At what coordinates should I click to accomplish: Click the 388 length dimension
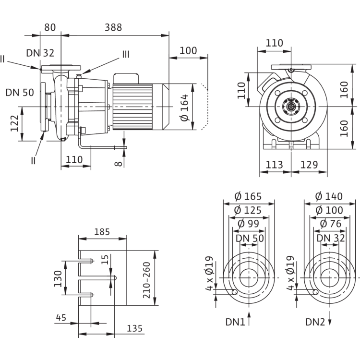pyautogui.click(x=113, y=27)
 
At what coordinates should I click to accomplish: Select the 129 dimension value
pyautogui.click(x=309, y=165)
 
